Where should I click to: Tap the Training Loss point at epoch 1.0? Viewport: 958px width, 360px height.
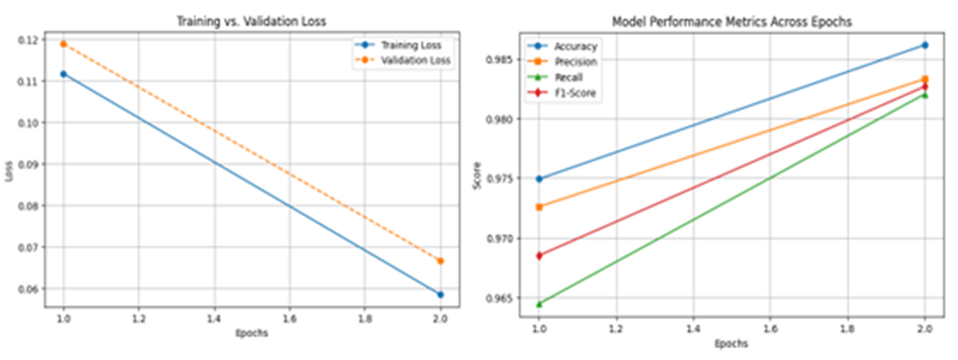pyautogui.click(x=63, y=74)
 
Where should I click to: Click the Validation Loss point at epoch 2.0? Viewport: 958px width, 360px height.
pyautogui.click(x=440, y=261)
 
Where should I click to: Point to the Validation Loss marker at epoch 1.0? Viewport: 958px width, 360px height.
pyautogui.click(x=63, y=44)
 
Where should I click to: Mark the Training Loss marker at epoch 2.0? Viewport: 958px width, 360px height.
pyautogui.click(x=440, y=294)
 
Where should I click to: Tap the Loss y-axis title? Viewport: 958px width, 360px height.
pyautogui.click(x=10, y=176)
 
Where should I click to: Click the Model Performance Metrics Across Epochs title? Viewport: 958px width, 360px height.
pyautogui.click(x=731, y=23)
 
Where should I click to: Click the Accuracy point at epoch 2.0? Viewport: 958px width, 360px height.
pyautogui.click(x=924, y=45)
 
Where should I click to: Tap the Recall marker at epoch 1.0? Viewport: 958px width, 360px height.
pyautogui.click(x=538, y=304)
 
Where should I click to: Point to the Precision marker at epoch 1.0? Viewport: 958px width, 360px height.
pyautogui.click(x=538, y=207)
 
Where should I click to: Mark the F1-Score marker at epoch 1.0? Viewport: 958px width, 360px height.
pyautogui.click(x=538, y=255)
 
